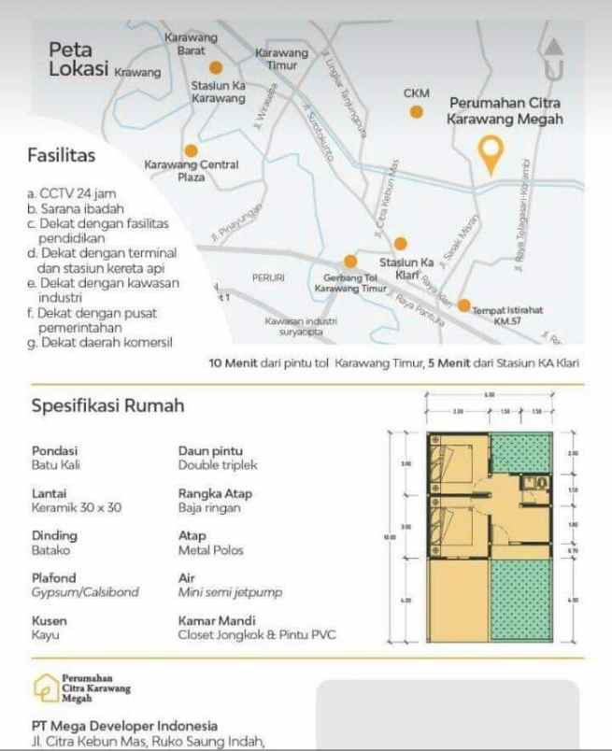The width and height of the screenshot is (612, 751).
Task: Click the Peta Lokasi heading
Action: click(78, 58)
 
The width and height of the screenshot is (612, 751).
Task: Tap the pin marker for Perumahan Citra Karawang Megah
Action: click(490, 153)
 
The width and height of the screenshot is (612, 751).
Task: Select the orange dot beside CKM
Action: click(417, 112)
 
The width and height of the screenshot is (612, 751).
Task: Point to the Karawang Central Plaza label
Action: click(191, 170)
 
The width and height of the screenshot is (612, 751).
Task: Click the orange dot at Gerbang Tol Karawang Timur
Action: click(350, 261)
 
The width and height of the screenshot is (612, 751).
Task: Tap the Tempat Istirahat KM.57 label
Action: click(508, 315)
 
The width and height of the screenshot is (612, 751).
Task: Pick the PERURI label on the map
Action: click(268, 277)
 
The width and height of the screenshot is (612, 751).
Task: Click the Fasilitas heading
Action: click(62, 156)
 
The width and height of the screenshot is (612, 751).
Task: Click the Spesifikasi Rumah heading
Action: click(108, 406)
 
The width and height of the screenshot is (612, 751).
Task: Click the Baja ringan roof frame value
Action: click(209, 508)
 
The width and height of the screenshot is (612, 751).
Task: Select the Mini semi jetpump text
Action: click(230, 592)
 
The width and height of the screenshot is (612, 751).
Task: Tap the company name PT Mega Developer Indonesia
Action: click(125, 726)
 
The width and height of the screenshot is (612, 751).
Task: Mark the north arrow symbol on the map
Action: click(553, 59)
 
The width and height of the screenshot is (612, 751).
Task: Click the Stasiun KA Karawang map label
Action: click(219, 92)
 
